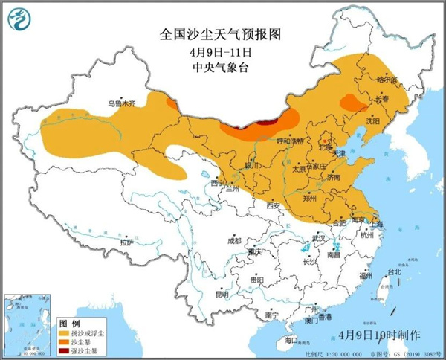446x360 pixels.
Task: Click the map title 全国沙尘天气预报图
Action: click(222, 35)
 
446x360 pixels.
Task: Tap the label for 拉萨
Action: click(126, 242)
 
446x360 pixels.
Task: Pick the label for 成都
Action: click(234, 241)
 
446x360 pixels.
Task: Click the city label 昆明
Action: click(222, 295)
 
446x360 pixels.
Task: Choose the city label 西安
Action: click(272, 205)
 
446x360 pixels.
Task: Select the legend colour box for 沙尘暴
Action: click(65, 341)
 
